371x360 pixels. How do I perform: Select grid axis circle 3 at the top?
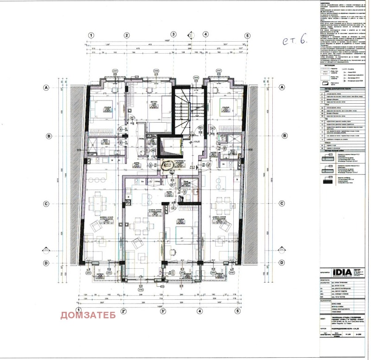173,35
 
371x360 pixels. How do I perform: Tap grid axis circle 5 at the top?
248,35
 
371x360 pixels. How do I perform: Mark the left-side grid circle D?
46,263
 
